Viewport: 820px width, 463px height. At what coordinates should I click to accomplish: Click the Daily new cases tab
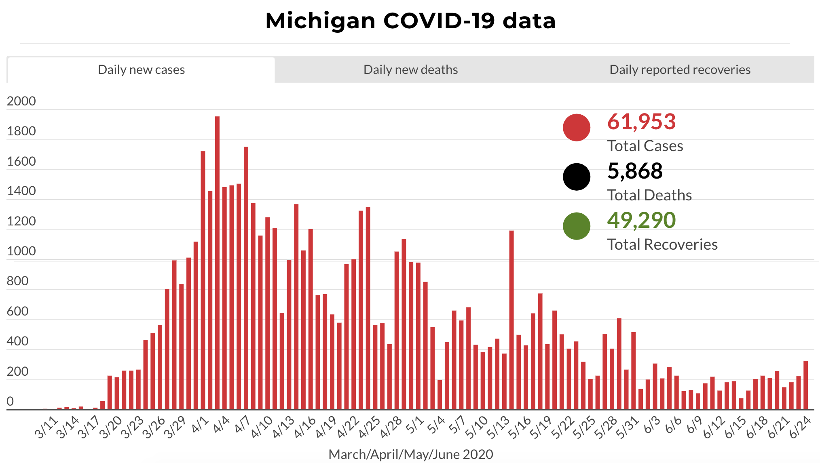(x=141, y=70)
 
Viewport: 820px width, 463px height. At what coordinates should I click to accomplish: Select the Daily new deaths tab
(x=410, y=70)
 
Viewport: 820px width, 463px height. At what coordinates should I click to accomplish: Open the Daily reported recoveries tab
(x=680, y=70)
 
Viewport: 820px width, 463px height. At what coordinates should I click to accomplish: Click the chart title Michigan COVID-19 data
(x=410, y=21)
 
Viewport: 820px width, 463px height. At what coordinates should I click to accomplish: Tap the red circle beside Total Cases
(x=576, y=128)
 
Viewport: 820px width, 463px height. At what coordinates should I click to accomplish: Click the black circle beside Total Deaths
(x=576, y=177)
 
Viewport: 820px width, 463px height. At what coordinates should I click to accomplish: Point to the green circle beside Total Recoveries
(x=576, y=226)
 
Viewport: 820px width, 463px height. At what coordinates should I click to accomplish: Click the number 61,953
(x=641, y=122)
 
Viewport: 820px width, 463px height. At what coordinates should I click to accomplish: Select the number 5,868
(x=635, y=171)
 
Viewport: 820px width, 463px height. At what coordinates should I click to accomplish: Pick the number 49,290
(x=641, y=220)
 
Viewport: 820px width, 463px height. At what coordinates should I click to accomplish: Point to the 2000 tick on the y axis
(x=21, y=101)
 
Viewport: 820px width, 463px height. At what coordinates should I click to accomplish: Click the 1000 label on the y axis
(x=21, y=251)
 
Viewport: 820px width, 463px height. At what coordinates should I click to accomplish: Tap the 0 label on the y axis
(x=10, y=402)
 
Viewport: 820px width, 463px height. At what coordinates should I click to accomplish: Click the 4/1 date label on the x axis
(x=200, y=425)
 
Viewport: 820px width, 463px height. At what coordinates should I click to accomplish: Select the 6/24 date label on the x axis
(x=800, y=427)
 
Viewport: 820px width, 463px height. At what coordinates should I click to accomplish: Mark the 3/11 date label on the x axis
(x=46, y=428)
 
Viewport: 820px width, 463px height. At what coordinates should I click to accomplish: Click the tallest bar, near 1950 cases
(x=217, y=263)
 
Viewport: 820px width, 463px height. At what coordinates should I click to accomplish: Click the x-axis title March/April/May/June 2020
(x=410, y=455)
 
